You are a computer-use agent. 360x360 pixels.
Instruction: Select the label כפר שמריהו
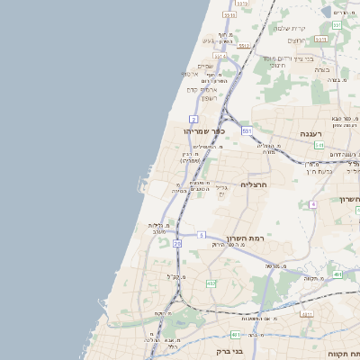coord(205,130)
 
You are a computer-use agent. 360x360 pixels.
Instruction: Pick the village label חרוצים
coord(275,65)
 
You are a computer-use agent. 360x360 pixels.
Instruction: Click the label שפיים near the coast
coord(205,65)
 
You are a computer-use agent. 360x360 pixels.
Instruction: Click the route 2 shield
coord(193,119)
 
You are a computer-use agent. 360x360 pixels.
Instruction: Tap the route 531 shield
coord(246,130)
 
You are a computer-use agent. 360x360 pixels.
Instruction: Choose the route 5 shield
coord(201,235)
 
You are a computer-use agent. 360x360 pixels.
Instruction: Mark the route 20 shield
coord(177,243)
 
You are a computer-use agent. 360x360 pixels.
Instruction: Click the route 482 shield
coord(211,283)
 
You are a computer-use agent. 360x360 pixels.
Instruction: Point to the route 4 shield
coord(313,204)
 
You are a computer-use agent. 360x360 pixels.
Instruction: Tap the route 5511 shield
coord(229,15)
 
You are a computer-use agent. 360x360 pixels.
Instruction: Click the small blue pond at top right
coord(340,13)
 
